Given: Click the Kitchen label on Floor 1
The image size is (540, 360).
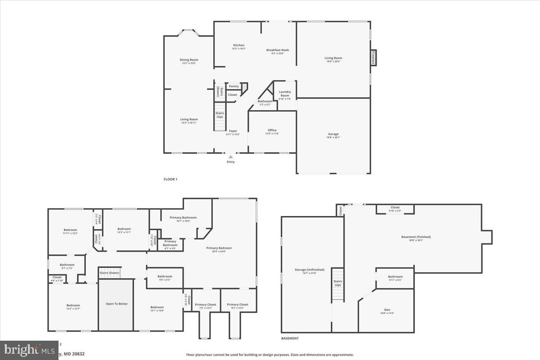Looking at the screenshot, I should (x=238, y=45).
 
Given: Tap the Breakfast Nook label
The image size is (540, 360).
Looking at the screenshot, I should (x=277, y=50).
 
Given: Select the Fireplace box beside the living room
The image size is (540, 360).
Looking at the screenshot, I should (x=373, y=58).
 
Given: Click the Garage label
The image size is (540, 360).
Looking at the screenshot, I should (x=333, y=134).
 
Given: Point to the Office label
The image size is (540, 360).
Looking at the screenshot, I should (x=272, y=130).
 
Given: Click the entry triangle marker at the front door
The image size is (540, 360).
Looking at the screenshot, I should (x=231, y=157).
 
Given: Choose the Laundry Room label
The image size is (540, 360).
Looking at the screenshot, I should (x=284, y=94).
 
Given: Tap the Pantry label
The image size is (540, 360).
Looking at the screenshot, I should (x=234, y=86).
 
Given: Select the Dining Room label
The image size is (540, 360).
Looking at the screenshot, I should (x=189, y=60).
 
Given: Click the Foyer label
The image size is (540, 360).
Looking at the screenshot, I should (x=232, y=131).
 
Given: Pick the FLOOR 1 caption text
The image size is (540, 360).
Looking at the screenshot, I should (x=170, y=179).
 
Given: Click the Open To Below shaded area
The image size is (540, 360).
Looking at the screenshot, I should (x=117, y=304).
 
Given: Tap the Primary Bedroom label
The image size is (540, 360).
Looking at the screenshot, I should (x=219, y=248).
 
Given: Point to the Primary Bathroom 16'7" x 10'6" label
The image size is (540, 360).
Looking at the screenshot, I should (x=183, y=218).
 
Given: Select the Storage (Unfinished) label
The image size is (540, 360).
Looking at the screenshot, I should (x=310, y=270).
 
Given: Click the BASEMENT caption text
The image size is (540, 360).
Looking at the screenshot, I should (x=290, y=338).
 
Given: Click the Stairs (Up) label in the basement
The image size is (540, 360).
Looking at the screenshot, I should (x=337, y=283).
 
